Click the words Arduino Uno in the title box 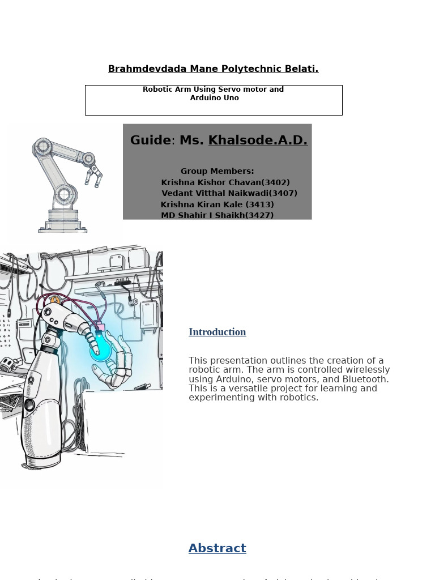(x=214, y=98)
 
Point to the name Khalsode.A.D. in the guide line (x=258, y=140)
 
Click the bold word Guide (x=150, y=140)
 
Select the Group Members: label (x=217, y=171)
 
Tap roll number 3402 (x=275, y=182)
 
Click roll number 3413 (x=259, y=204)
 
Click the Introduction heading (x=217, y=332)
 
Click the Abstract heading (x=217, y=548)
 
